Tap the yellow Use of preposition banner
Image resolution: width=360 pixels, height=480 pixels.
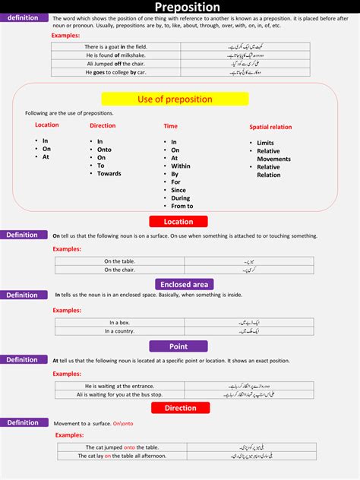coord(175,99)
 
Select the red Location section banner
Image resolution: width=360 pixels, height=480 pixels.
coord(178,222)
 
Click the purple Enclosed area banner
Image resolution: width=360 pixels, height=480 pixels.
coord(185,284)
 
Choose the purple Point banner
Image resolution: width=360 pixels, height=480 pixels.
coord(178,346)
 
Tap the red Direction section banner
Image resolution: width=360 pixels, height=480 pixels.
coord(180,408)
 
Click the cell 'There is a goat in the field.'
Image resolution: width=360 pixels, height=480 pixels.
coord(115,47)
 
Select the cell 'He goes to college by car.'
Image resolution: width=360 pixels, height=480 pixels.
coord(115,72)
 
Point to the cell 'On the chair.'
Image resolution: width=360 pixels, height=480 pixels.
coord(118,270)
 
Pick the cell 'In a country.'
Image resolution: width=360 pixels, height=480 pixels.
coord(118,331)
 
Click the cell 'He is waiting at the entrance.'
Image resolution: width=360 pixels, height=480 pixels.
coord(120,386)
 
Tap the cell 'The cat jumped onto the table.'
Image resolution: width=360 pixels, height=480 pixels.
coord(122,447)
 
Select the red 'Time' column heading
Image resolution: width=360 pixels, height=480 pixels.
coord(171,126)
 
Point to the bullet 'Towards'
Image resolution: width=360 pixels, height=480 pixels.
coord(109,174)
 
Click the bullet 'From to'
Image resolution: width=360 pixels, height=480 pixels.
coord(182,206)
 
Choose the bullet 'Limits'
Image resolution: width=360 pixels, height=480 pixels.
coord(265,143)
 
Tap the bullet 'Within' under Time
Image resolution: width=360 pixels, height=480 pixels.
coord(181,166)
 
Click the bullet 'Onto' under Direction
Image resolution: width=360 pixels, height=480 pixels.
coord(105,150)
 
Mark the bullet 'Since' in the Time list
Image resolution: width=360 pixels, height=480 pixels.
coord(179,190)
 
